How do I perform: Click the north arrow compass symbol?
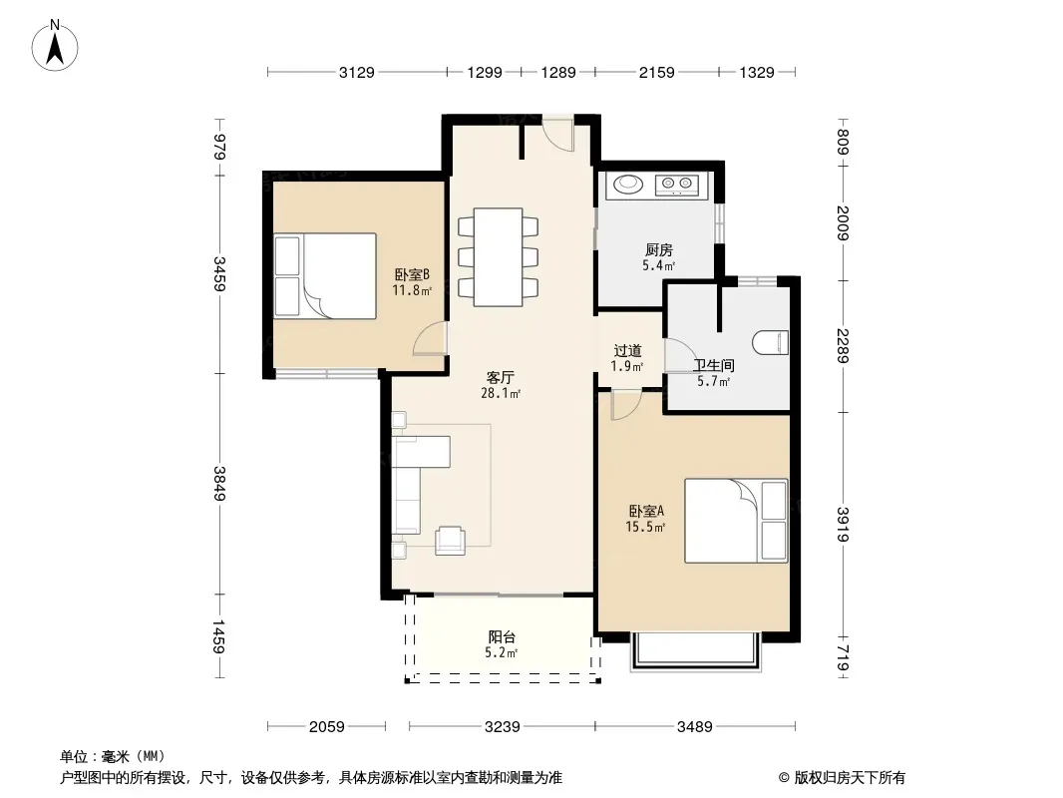click(55, 46)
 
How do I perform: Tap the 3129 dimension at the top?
click(357, 73)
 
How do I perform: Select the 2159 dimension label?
click(656, 73)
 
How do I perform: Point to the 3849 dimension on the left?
click(219, 484)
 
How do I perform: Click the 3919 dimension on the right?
click(843, 524)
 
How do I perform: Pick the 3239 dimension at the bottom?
click(503, 727)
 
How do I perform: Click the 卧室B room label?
click(412, 275)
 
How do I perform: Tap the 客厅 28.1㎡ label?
click(501, 385)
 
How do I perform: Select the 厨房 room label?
click(659, 250)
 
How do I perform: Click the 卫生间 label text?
click(714, 365)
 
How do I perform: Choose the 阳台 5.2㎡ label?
click(502, 644)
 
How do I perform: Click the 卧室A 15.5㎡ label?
click(645, 519)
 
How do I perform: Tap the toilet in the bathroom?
click(772, 342)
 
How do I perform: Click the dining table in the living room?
click(499, 257)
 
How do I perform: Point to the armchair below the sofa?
click(450, 541)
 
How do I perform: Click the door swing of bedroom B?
click(430, 337)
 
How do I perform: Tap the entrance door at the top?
click(558, 135)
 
